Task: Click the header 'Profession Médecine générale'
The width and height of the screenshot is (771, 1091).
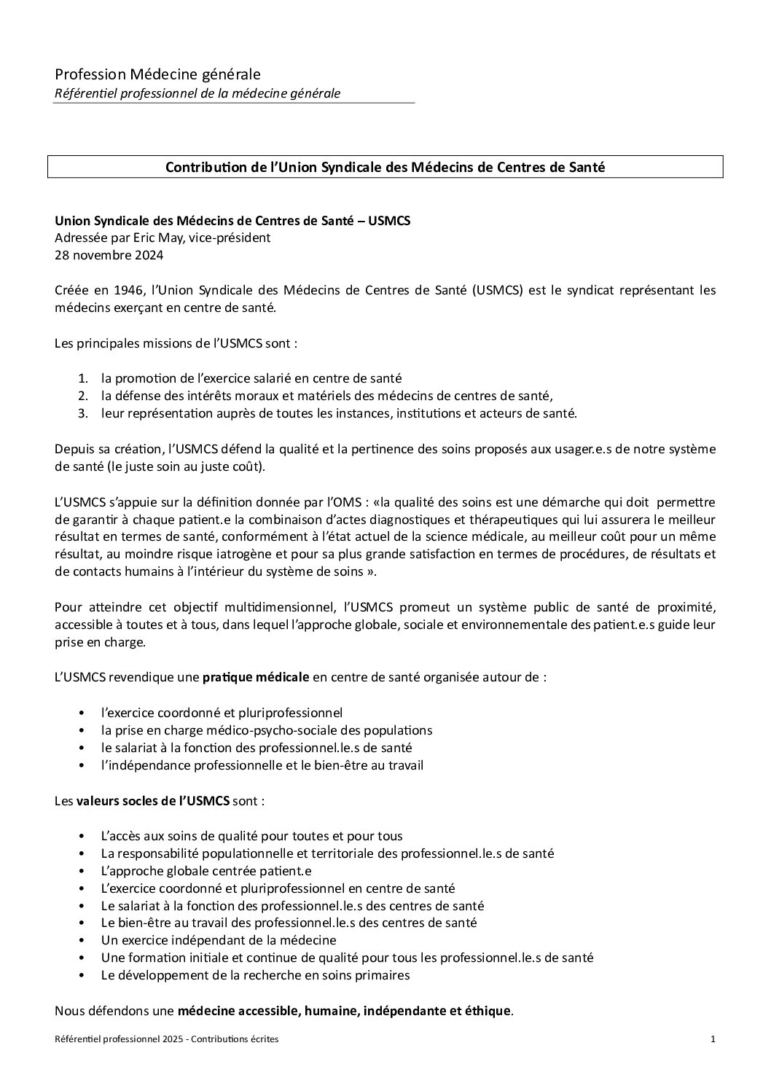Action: (x=157, y=74)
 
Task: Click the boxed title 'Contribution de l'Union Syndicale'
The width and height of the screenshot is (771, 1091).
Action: (x=385, y=167)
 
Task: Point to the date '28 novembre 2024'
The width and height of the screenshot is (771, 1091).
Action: (x=109, y=255)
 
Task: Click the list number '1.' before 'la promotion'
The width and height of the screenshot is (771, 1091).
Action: (x=83, y=378)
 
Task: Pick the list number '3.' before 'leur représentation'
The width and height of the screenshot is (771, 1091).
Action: (x=83, y=413)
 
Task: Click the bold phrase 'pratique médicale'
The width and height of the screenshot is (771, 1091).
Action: (x=256, y=677)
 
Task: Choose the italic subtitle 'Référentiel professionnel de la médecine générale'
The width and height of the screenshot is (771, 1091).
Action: (x=197, y=93)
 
